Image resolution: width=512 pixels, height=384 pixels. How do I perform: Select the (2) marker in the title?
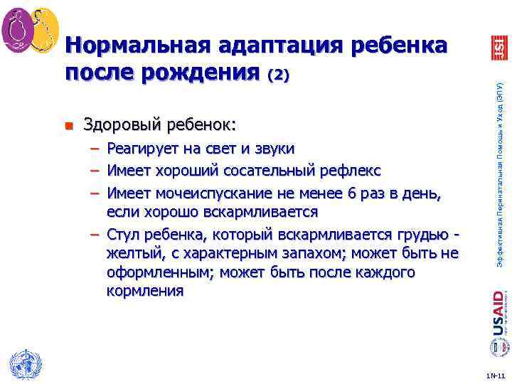[277, 74]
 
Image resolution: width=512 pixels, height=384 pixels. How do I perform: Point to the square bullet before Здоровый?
[68, 127]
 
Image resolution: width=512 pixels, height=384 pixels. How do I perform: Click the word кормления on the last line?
[144, 292]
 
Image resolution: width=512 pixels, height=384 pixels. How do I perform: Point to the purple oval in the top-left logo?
[16, 31]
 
